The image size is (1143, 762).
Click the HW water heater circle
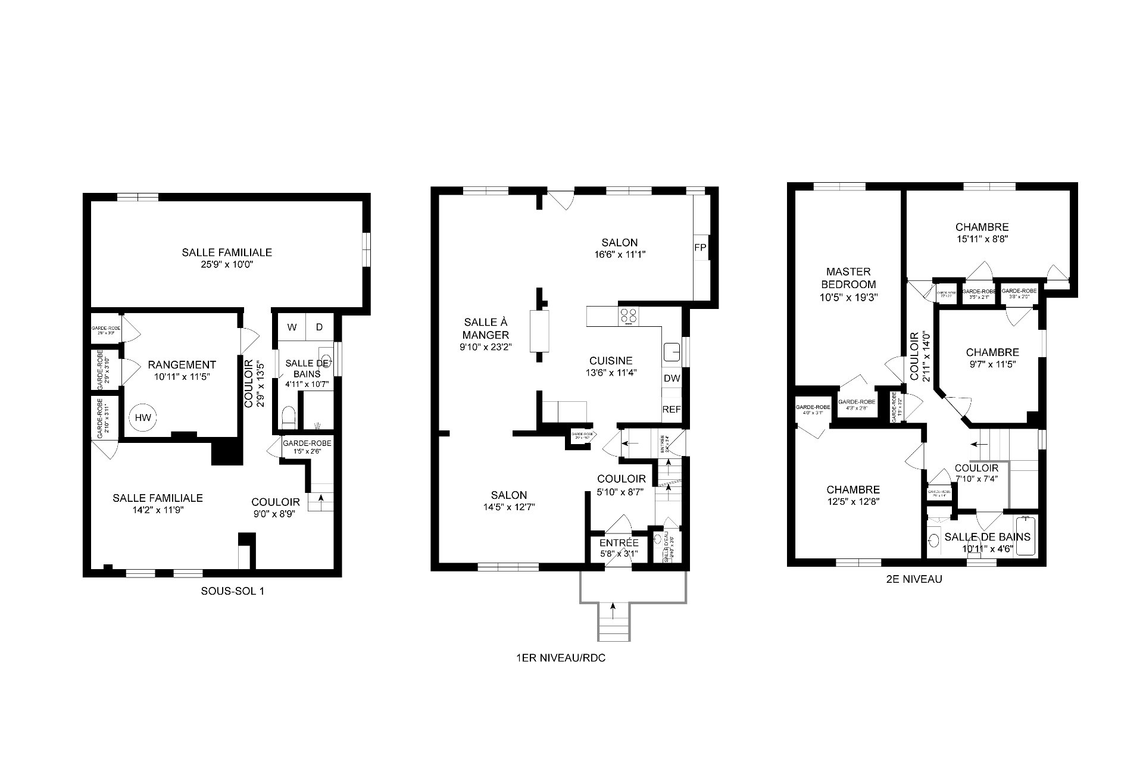click(142, 417)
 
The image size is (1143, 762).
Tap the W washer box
click(292, 327)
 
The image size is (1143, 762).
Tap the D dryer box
click(319, 327)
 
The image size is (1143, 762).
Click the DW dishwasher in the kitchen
click(672, 378)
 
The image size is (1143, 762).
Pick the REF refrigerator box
click(672, 410)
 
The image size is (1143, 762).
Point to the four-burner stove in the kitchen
click(628, 316)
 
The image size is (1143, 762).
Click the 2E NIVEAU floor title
click(914, 579)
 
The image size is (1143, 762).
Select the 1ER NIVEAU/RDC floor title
click(561, 658)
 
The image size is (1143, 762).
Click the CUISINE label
click(611, 361)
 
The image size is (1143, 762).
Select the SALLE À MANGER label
click(486, 329)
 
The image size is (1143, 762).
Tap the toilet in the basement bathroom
click(288, 417)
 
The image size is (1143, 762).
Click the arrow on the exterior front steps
click(613, 610)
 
